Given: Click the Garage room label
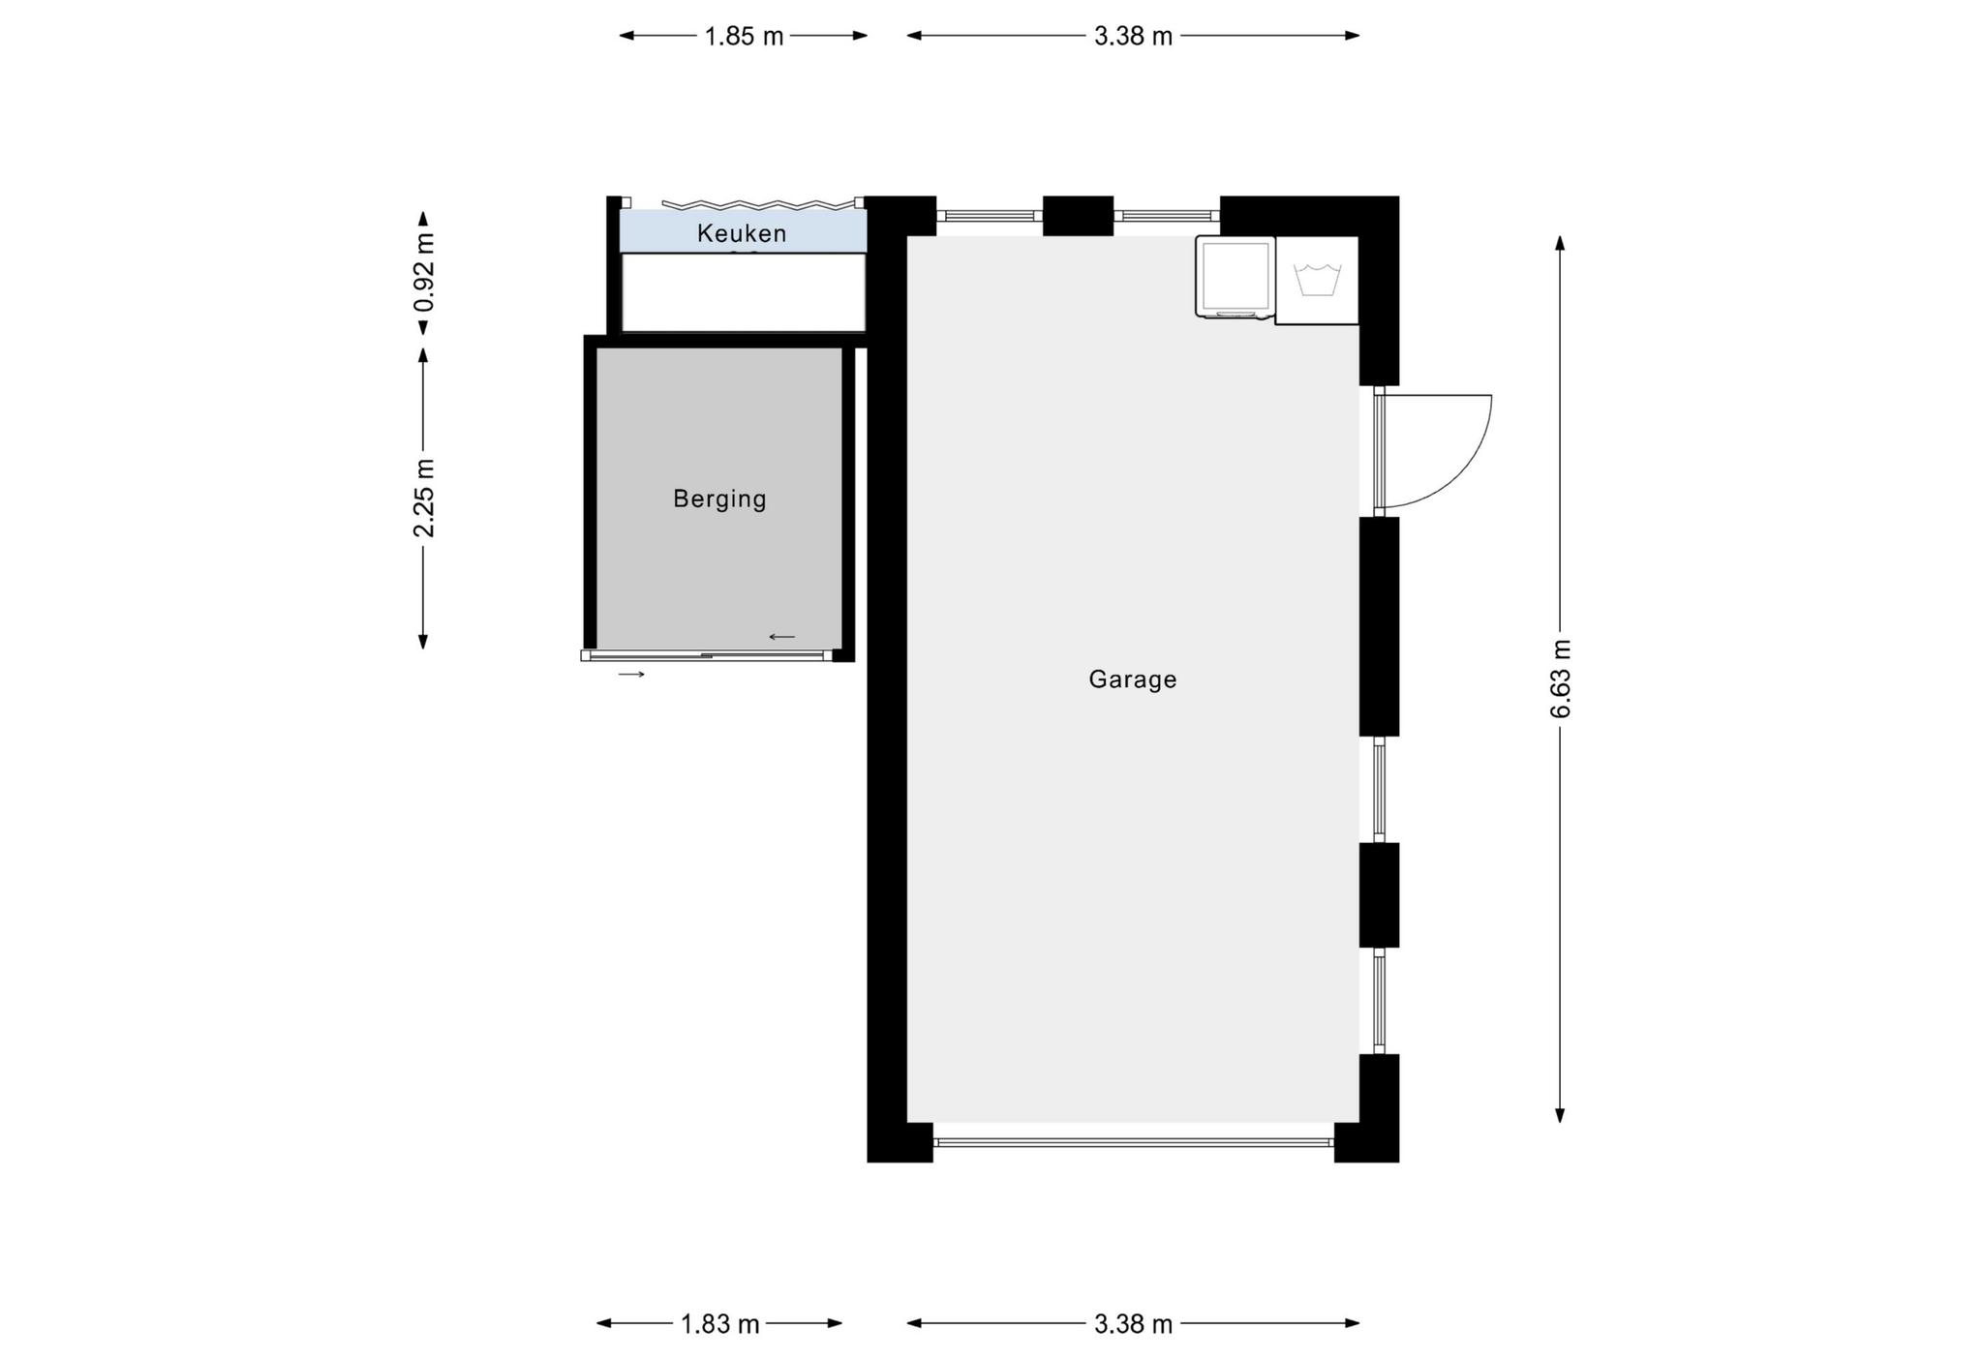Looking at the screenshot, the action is (x=1132, y=679).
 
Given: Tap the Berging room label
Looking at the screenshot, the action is (x=719, y=499).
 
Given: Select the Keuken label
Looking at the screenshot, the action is (x=742, y=233).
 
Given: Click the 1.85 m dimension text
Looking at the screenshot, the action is (x=744, y=37).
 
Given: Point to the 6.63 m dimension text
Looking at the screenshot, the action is (x=1561, y=679).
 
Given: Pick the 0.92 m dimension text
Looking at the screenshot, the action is (x=423, y=274).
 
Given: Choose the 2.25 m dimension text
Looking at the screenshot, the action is (x=423, y=498).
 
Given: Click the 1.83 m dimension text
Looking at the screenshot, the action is (x=719, y=1324).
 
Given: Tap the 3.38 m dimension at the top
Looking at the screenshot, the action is (x=1133, y=37).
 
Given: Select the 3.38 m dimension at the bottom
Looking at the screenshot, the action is (x=1133, y=1324).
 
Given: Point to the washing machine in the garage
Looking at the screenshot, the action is (x=1235, y=277).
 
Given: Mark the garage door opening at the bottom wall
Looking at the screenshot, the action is (x=1133, y=1143).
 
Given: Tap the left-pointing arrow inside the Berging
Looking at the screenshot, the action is (x=782, y=637).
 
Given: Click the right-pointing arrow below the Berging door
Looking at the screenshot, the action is (x=631, y=674).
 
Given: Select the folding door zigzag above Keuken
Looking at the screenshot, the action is (x=751, y=204).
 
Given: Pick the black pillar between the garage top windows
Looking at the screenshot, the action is (x=1078, y=216).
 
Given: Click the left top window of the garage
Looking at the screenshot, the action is (x=989, y=216).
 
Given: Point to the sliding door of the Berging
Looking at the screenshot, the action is (x=707, y=655).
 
